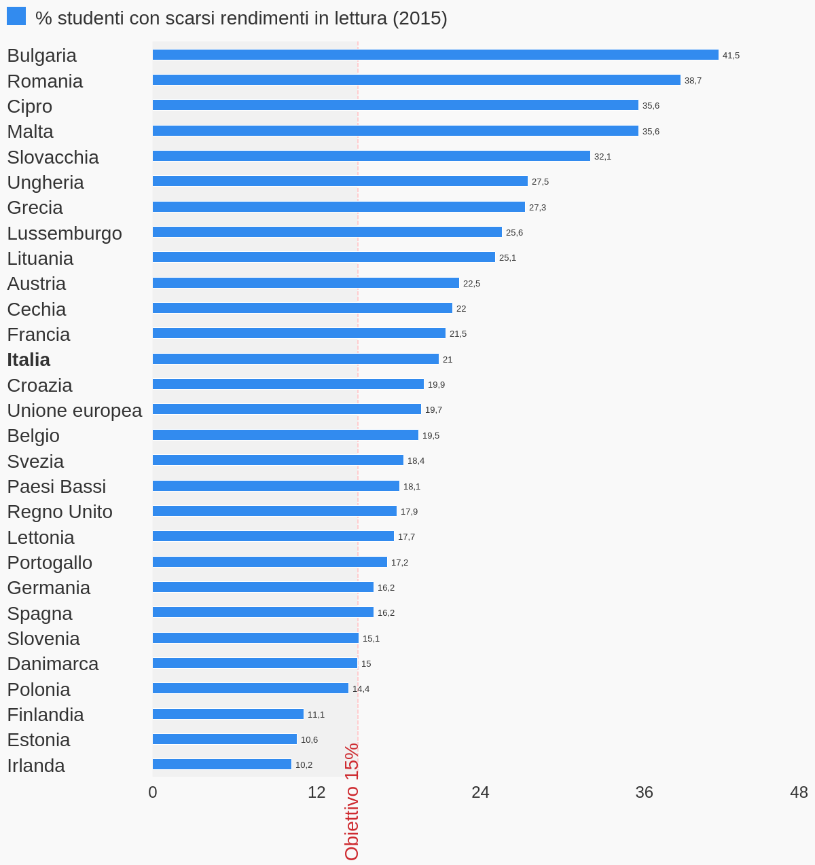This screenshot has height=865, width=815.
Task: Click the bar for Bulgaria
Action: pos(435,55)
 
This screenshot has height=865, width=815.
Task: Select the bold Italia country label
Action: pos(29,360)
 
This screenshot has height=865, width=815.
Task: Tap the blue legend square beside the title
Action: pos(16,16)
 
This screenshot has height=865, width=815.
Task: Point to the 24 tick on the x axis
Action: pos(480,792)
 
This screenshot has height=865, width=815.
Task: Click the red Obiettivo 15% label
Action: pos(351,801)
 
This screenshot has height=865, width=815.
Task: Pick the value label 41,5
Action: pos(731,56)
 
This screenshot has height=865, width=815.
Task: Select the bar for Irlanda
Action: pos(222,765)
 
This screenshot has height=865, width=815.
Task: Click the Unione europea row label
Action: pos(75,411)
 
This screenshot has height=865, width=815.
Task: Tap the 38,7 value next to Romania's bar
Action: pos(693,81)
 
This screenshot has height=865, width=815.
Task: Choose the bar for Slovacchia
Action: pos(371,156)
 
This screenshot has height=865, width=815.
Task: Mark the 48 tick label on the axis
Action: pos(799,792)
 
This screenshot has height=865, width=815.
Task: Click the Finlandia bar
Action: pos(228,714)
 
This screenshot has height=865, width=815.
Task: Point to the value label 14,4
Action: pos(361,689)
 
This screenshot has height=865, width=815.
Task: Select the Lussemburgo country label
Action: pos(65,234)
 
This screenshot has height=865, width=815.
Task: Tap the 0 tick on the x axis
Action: pos(153,792)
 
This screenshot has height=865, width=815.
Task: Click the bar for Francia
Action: pos(299,333)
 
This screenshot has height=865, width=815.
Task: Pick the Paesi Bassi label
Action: pos(56,487)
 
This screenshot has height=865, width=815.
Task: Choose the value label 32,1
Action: pos(602,157)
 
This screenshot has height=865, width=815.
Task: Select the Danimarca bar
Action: pos(255,663)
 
